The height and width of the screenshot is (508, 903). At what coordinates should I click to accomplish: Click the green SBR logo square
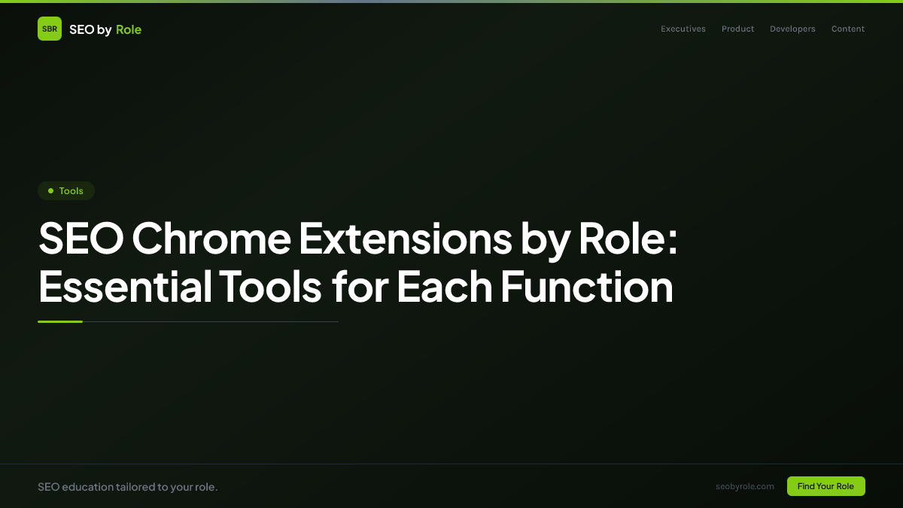point(50,29)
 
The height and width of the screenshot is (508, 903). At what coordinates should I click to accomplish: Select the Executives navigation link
point(683,29)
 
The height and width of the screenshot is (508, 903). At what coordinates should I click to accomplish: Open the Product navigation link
point(737,29)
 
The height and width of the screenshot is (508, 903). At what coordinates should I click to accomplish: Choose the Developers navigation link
point(792,29)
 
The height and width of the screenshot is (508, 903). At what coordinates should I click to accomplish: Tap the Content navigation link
point(848,29)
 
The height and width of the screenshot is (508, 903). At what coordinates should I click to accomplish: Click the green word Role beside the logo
point(129,29)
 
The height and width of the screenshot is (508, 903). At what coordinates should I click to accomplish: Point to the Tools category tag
point(66,191)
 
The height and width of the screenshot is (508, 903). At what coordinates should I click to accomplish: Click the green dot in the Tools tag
point(50,191)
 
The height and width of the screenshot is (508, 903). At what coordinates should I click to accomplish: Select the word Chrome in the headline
point(211,239)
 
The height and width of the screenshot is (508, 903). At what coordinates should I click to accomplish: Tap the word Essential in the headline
point(125,287)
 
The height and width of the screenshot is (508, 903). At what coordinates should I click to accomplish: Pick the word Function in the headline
point(587,287)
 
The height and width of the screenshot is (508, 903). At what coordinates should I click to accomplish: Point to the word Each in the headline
point(444,287)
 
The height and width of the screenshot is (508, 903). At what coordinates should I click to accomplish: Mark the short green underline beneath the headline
point(60,321)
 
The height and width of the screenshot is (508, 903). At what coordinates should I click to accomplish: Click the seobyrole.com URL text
point(745,486)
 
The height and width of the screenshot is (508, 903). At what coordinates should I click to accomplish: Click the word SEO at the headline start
point(80,239)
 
